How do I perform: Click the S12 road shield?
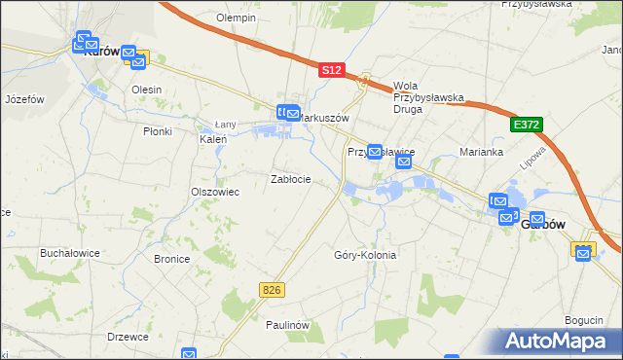click(332, 70)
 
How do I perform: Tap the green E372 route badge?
click(525, 126)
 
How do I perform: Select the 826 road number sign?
click(273, 289)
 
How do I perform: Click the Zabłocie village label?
click(290, 179)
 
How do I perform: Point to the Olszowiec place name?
click(215, 192)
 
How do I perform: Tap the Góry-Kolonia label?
click(365, 255)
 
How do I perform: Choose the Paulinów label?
click(287, 325)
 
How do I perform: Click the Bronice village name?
click(172, 259)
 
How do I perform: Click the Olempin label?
click(236, 18)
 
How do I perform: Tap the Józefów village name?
click(25, 99)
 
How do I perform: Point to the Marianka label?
click(481, 152)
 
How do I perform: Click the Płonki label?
click(157, 131)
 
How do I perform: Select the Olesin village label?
click(146, 90)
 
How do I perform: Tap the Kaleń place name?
click(213, 139)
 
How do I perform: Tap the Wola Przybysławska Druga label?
click(429, 97)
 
